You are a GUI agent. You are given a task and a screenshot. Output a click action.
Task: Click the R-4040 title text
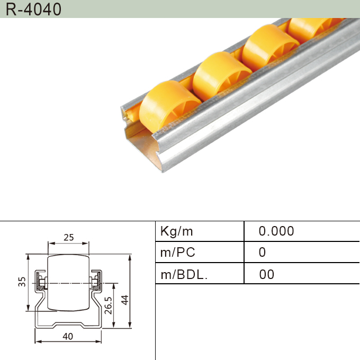[x=33, y=10]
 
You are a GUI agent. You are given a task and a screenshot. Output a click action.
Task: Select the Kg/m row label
[x=177, y=231]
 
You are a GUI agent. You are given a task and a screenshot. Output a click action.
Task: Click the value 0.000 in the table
[x=276, y=231]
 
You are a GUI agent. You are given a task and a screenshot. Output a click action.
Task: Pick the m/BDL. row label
[x=184, y=274]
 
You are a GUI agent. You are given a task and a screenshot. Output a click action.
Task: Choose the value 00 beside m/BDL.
[x=267, y=274]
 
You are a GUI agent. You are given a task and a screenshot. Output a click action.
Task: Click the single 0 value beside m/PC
[x=262, y=253]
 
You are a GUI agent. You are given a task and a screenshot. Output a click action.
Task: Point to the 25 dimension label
[x=68, y=238]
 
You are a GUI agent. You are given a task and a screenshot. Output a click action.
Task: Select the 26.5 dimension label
[x=108, y=305]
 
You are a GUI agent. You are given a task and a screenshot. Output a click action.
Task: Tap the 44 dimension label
[x=125, y=300]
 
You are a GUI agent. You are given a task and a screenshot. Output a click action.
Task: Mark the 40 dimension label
[x=68, y=336]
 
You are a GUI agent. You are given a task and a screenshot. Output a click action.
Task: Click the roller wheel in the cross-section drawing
[x=68, y=283]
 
